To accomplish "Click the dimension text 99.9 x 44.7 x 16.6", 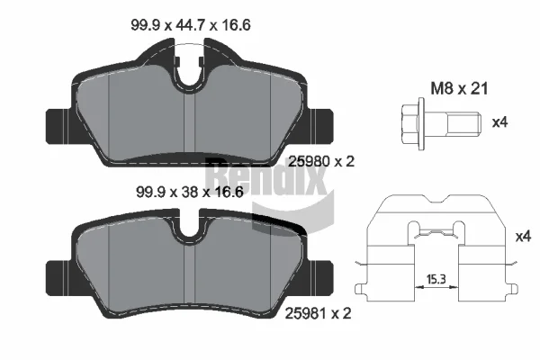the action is coord(191,25).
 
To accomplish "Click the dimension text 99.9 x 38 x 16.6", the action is coord(190,192).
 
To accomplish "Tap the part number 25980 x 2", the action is coord(321,161).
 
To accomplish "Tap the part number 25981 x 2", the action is coord(318,313).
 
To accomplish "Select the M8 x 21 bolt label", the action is coord(459,88).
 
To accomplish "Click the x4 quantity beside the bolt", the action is coord(499,122).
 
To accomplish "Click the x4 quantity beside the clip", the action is coord(523,237).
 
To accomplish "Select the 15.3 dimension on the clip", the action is coord(436,279).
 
